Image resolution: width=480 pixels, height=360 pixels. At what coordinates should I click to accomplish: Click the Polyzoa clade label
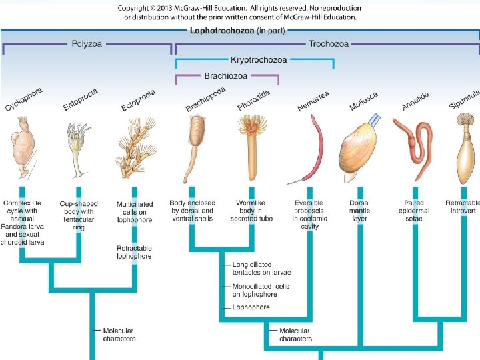[x=87, y=44]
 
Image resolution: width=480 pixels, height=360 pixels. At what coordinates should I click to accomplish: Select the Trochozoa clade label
[x=328, y=44]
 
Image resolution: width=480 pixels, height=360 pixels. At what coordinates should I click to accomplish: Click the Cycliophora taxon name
[x=24, y=100]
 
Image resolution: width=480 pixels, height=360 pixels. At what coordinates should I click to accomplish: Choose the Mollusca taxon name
[x=363, y=101]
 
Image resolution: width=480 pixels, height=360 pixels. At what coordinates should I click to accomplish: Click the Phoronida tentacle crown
[x=253, y=125]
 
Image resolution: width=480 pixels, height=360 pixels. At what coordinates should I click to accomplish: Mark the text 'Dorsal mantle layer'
[x=359, y=211]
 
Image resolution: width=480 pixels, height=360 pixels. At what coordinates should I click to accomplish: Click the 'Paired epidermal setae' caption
[x=413, y=211]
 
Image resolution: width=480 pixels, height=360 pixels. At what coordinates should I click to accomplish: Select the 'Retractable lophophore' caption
[x=134, y=252]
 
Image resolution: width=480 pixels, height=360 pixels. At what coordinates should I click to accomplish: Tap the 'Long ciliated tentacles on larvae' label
[x=261, y=269]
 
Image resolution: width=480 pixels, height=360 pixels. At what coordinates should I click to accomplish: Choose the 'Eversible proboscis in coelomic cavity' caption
[x=309, y=215]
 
